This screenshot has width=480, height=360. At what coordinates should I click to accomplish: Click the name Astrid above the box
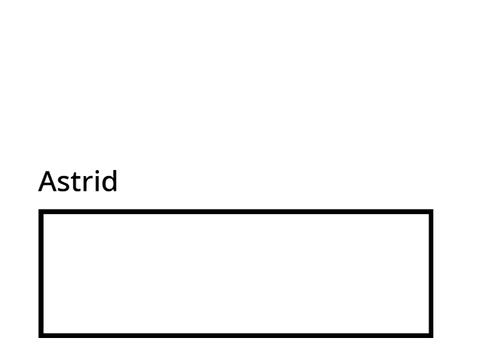click(78, 181)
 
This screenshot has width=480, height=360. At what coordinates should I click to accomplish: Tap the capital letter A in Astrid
click(48, 181)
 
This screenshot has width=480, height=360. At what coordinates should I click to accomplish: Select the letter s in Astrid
click(65, 184)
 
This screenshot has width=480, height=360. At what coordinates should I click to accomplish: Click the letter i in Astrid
click(100, 181)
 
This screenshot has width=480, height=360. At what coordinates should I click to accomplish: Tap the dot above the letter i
click(100, 171)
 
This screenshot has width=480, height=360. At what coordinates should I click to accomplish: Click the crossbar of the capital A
click(48, 184)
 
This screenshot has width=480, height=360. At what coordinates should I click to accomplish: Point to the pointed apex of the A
click(48, 171)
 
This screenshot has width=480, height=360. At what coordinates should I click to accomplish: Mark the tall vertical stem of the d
click(116, 181)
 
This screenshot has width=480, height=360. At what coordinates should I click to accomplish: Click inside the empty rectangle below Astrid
click(236, 273)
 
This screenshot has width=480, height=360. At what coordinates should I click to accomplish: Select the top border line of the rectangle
click(236, 212)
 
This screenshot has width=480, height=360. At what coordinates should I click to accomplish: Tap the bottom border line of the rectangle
click(236, 335)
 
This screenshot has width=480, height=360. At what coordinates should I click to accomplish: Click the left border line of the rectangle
click(41, 273)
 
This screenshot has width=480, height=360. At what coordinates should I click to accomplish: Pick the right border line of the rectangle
click(431, 273)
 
